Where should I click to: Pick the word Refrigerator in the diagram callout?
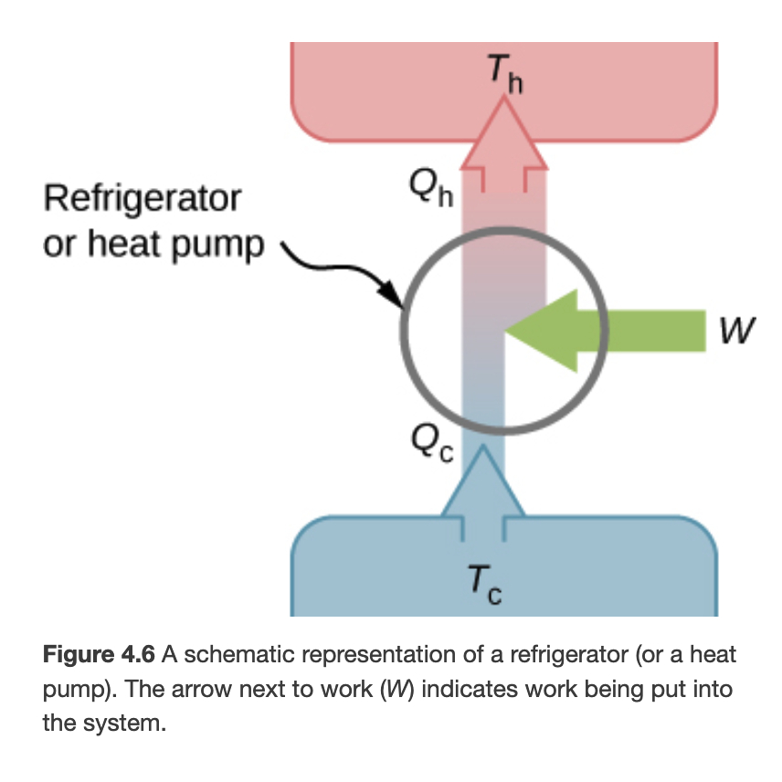142,197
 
